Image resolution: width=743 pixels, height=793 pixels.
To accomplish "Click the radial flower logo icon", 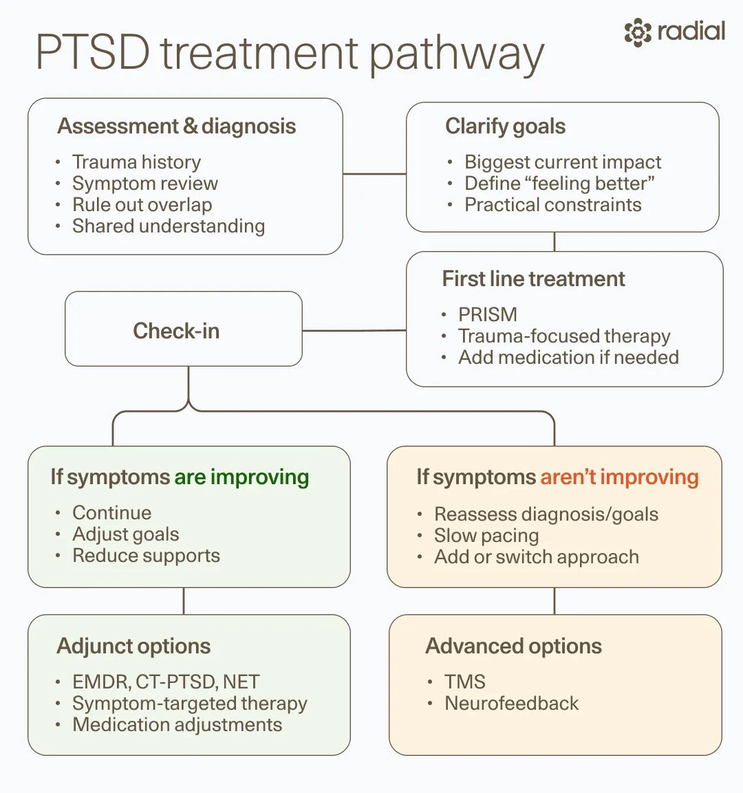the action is coord(638,32).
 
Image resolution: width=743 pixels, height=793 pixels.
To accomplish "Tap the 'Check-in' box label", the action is coord(176,331).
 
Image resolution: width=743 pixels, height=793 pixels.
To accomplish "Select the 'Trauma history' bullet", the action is coord(137,162).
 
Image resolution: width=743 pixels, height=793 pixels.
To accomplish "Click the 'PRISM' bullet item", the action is coord(488,314).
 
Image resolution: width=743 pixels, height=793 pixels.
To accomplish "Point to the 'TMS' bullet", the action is coord(465,682).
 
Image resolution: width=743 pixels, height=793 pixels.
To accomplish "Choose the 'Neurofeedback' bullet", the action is coord(511,703).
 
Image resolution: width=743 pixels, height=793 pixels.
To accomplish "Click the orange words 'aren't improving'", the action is coord(620,477).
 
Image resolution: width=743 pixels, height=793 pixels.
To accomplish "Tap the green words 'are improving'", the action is coord(241,477).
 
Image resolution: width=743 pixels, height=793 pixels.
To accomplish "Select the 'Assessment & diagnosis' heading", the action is coord(177,126).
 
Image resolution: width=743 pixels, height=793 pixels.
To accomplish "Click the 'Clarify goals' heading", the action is coord(505,126).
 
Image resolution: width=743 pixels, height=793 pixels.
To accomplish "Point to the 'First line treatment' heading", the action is coord(534,279).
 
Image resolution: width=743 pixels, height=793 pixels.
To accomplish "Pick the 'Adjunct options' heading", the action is coord(133,646).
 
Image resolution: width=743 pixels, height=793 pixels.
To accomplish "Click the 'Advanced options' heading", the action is coord(513,646).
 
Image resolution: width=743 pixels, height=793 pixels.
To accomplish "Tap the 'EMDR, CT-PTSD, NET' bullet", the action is coord(166,682).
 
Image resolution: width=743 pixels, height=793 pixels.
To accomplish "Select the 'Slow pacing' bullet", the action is coord(486,536).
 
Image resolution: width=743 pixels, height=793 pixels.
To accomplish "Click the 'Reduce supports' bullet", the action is coord(146,555).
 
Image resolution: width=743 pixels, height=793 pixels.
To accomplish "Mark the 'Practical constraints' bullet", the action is coord(553,205).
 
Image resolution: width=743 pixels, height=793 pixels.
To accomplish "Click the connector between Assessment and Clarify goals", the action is coord(374,174).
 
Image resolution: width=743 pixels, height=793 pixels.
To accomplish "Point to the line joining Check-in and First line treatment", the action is coord(354,331).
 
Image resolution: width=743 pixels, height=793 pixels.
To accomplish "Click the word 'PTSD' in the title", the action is coord(93,52).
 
